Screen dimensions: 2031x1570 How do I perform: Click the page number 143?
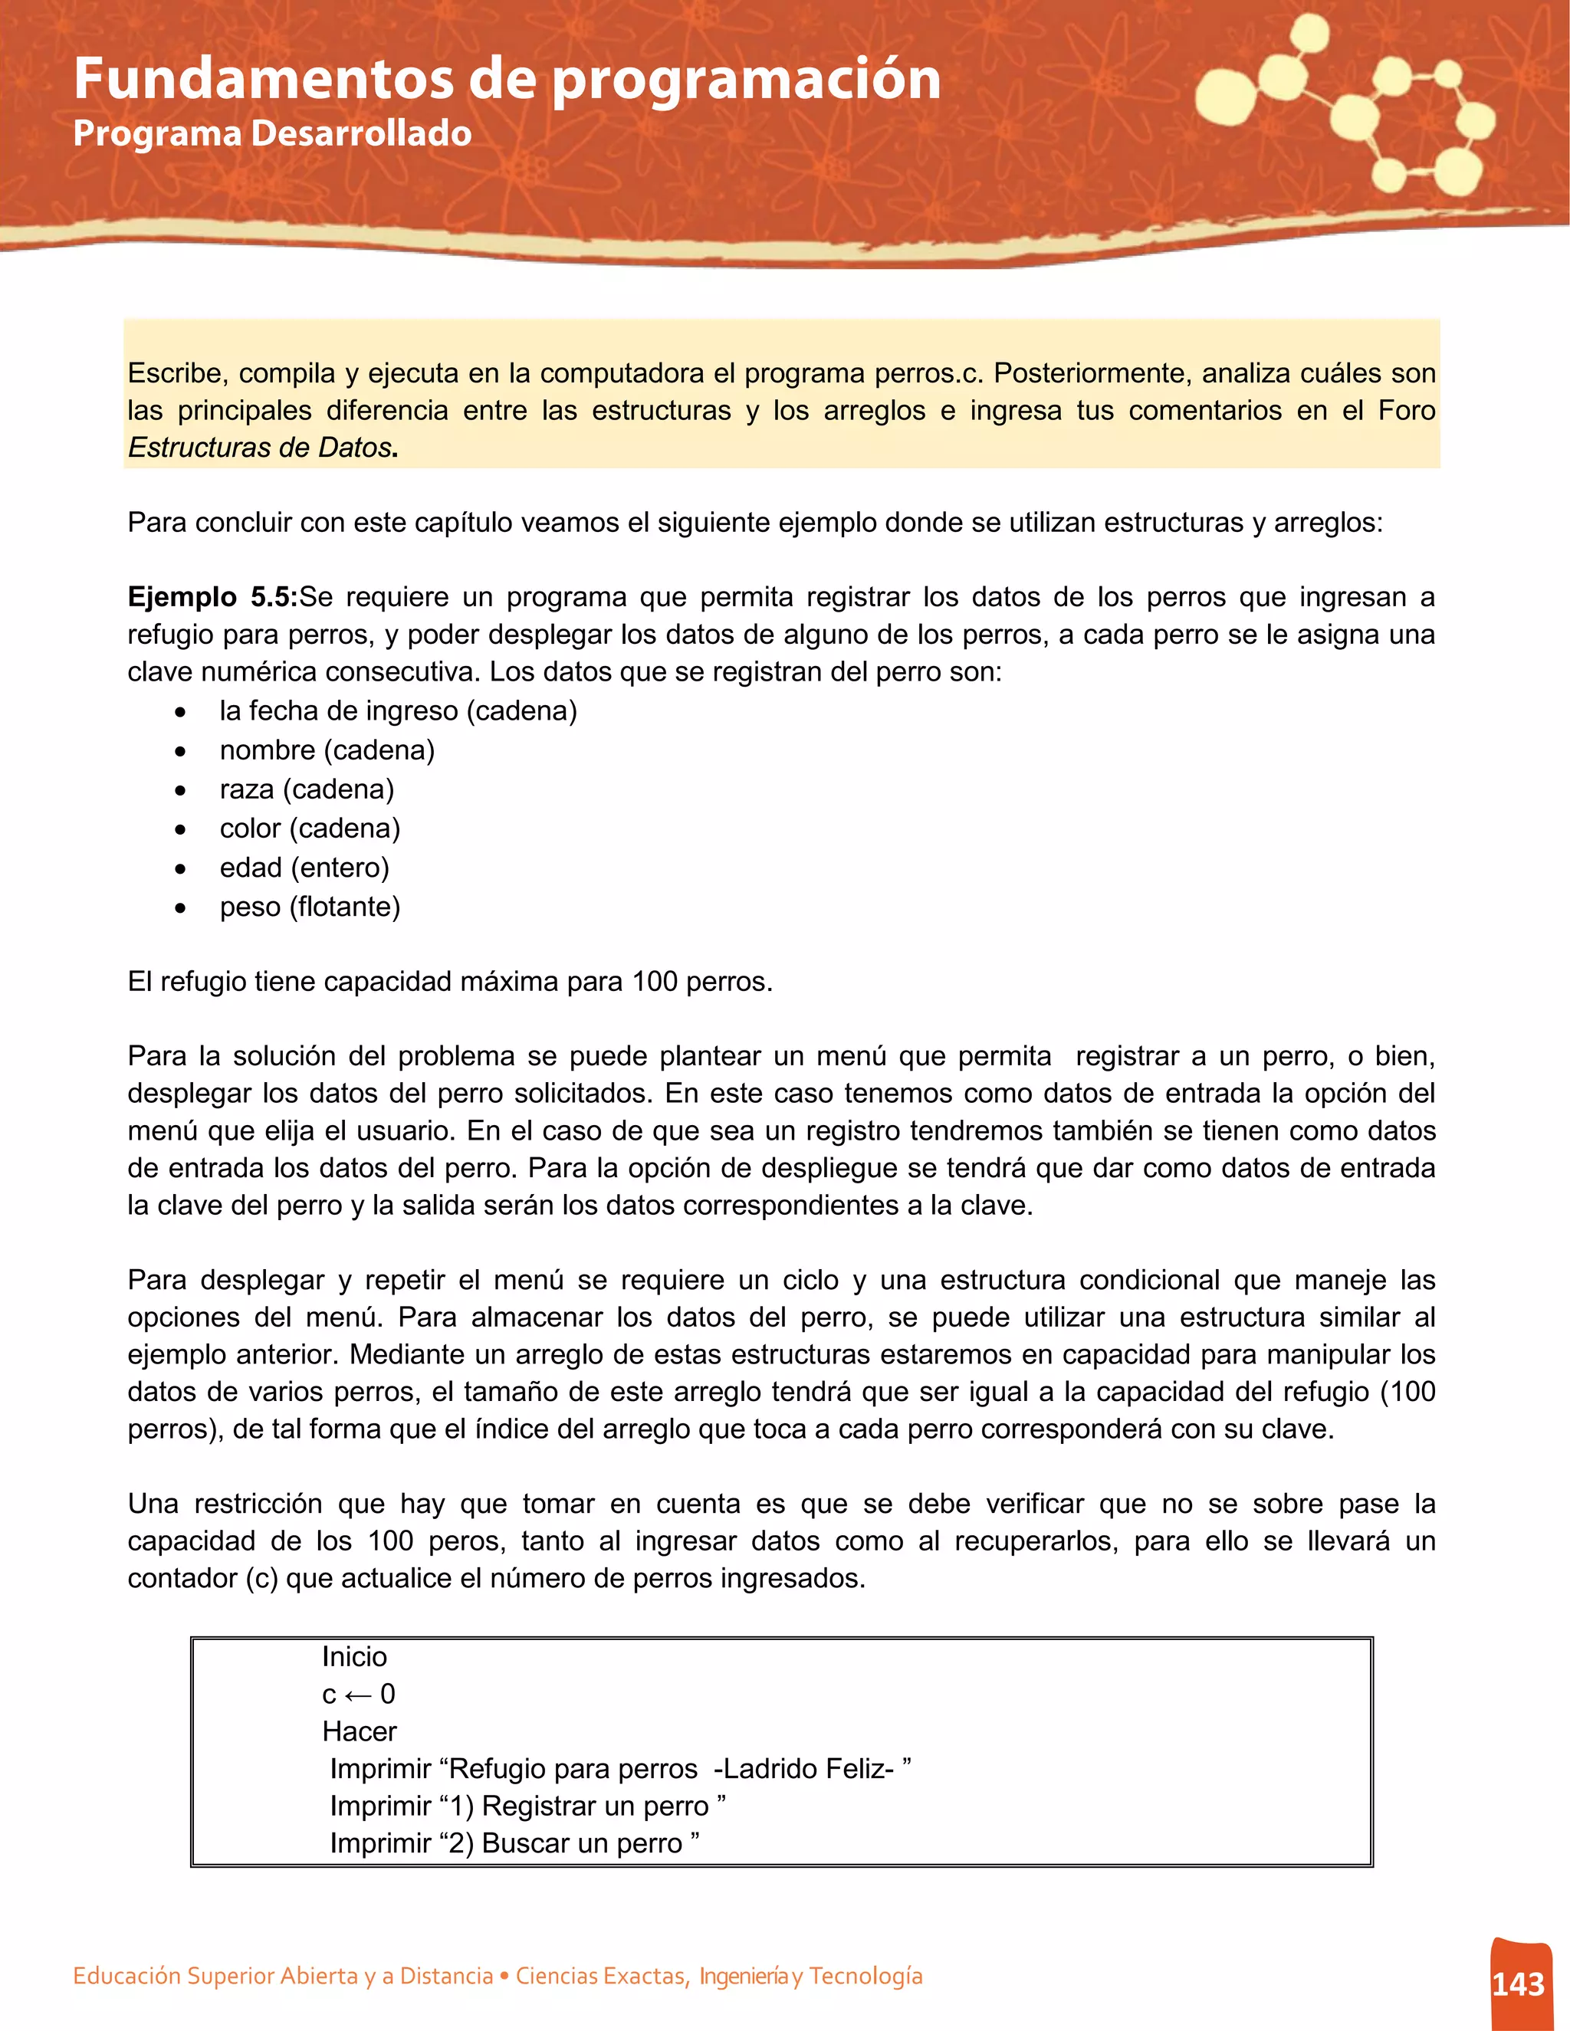click(1518, 1984)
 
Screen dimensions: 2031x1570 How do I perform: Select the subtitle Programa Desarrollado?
click(271, 133)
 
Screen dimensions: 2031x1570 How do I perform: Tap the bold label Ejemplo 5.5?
click(212, 597)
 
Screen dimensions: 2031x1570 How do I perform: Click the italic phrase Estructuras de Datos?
click(260, 448)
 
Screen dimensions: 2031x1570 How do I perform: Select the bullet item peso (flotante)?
click(310, 907)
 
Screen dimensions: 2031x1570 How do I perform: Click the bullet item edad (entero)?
click(304, 868)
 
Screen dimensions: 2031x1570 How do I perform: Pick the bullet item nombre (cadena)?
click(327, 750)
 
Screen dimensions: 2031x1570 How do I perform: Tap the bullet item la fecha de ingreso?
click(397, 711)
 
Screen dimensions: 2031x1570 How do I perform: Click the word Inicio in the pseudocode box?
click(354, 1656)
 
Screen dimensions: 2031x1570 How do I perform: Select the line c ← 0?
click(358, 1694)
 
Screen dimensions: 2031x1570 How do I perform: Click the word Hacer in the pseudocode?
click(359, 1731)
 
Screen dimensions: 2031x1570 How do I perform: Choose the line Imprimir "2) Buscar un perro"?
click(514, 1842)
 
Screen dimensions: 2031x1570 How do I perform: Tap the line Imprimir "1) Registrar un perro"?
click(527, 1805)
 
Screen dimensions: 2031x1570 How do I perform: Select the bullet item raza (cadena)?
click(306, 789)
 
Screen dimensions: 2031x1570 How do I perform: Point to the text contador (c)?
click(202, 1578)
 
